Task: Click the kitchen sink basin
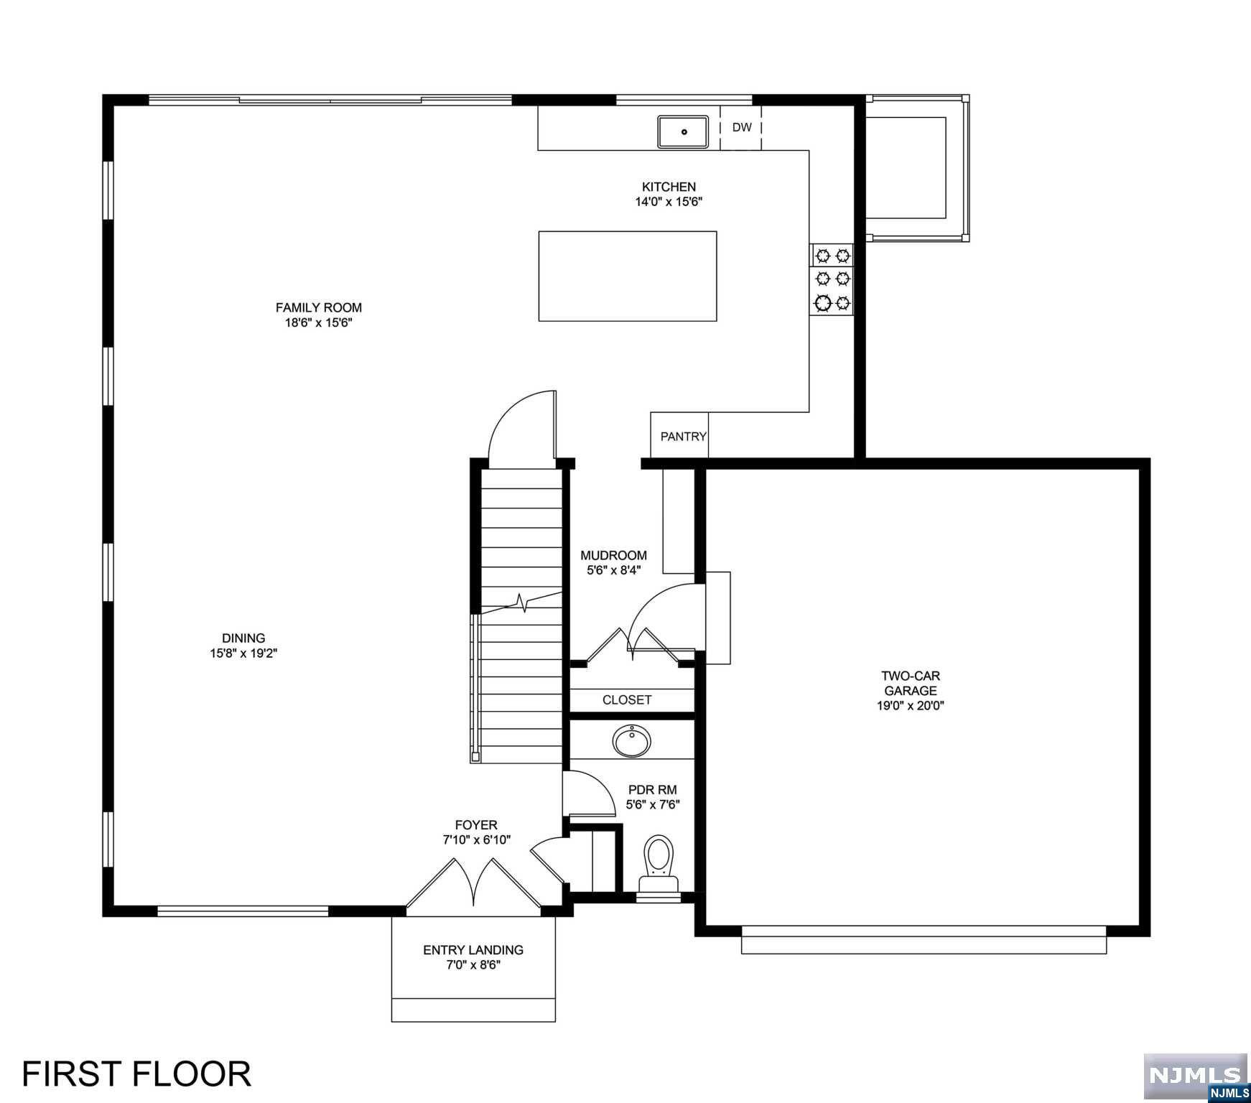coord(683,131)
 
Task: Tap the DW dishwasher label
coord(742,128)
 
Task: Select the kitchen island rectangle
coord(628,276)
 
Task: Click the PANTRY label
coord(683,436)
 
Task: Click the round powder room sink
coord(632,741)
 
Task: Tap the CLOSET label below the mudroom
coord(627,699)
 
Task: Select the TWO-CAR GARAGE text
coord(911,683)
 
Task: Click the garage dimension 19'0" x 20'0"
coord(911,706)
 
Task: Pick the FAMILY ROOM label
coord(318,307)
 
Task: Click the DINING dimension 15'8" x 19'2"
coord(243,653)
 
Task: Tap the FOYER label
coord(475,825)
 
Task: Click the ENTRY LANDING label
coord(473,950)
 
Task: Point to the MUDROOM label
coord(613,555)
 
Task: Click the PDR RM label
coord(652,790)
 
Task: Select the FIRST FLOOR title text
coord(136,1074)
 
